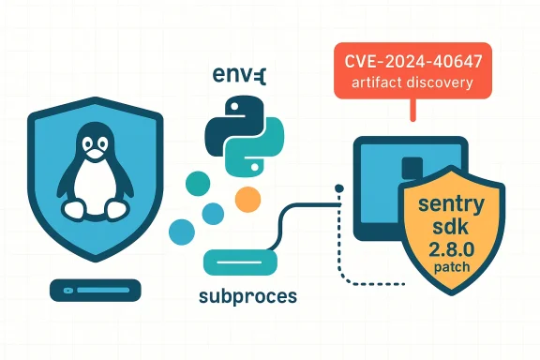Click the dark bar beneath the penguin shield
95,290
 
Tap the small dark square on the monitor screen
408,167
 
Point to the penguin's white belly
95,187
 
